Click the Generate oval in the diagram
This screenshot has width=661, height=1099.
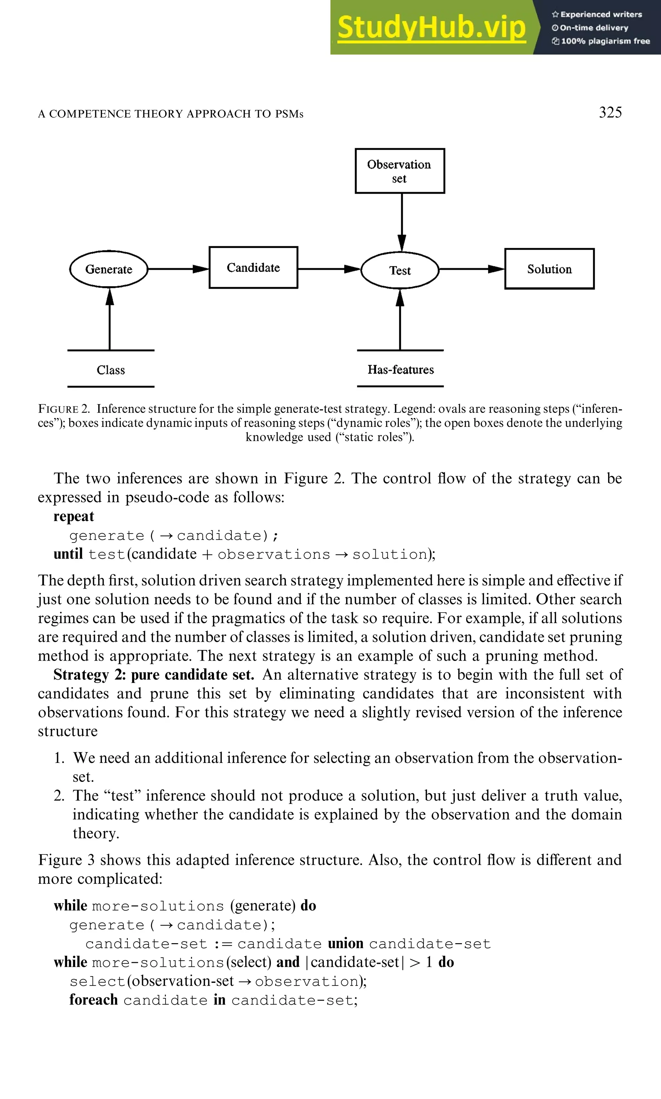coord(109,269)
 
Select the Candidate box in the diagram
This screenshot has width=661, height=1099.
coord(253,267)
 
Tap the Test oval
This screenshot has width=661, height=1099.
coord(400,270)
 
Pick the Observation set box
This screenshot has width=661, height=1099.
coord(400,171)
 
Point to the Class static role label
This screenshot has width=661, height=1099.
coord(110,370)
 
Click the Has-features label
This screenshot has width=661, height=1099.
coord(401,369)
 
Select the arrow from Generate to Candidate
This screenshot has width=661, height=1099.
coord(178,269)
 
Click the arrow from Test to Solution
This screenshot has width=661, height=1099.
coord(471,269)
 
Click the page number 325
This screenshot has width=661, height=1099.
coord(610,112)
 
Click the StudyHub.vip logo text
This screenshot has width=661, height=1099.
coord(431,28)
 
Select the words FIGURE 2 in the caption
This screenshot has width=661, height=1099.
coord(64,409)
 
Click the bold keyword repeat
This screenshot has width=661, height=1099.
coord(74,516)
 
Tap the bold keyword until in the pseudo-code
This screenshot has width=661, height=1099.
coord(68,554)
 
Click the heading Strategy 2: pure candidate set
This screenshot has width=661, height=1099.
coord(153,674)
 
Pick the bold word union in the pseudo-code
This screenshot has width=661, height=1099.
coord(345,943)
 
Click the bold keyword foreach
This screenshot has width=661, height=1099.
coord(93,1000)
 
